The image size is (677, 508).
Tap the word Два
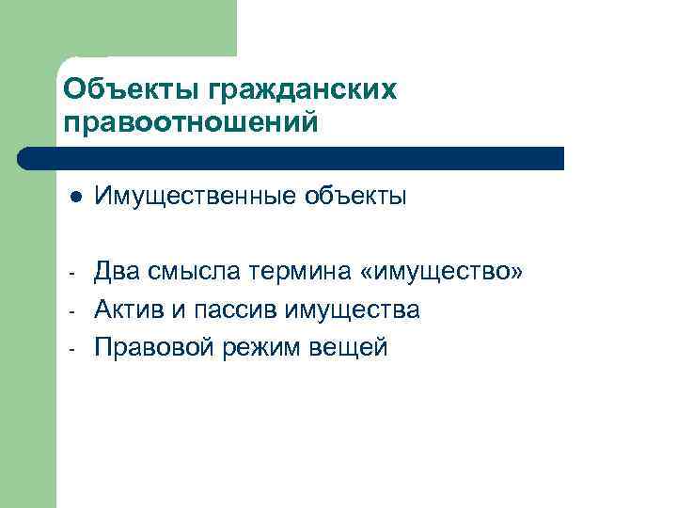pos(118,272)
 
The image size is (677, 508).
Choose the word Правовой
pos(153,347)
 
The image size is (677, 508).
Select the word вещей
pos(351,347)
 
